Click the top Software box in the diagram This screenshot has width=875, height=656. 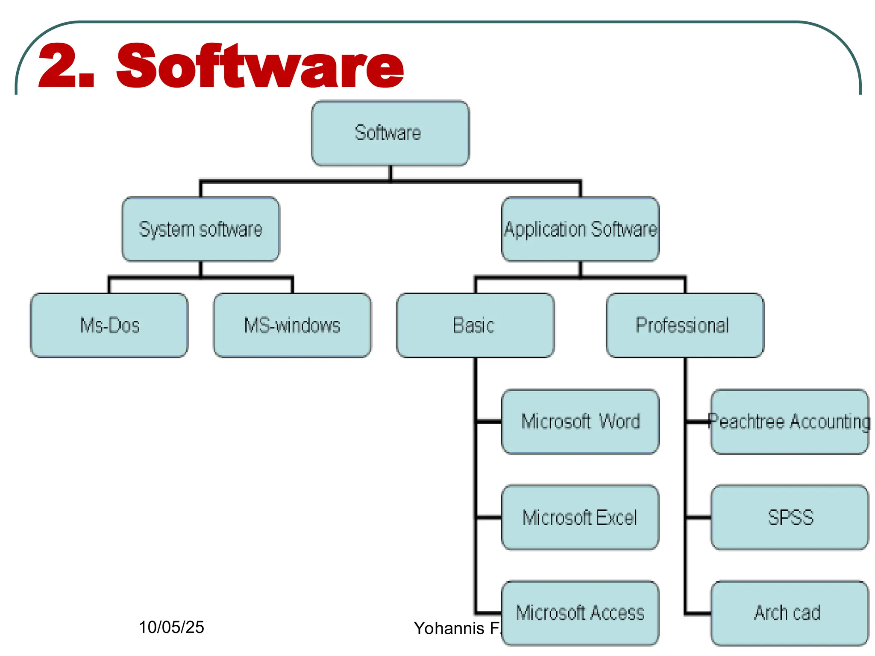[x=390, y=133]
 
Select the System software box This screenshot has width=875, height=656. [x=201, y=229]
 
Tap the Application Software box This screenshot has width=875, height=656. [x=580, y=229]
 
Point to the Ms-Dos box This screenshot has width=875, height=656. [x=109, y=325]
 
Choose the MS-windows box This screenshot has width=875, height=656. [x=292, y=325]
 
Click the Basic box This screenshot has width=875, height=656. [x=475, y=325]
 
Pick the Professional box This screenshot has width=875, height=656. [x=685, y=325]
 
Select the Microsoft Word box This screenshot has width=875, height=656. [x=580, y=422]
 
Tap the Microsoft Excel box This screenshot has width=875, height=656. [x=580, y=518]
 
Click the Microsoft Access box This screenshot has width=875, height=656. [x=580, y=613]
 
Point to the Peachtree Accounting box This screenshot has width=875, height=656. [x=790, y=422]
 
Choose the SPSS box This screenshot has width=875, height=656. [x=790, y=518]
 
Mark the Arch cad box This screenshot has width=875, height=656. [x=790, y=613]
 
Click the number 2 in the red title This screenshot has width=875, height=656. [x=55, y=66]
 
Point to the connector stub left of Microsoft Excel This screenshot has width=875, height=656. [x=489, y=518]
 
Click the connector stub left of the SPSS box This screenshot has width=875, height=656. [x=698, y=518]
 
